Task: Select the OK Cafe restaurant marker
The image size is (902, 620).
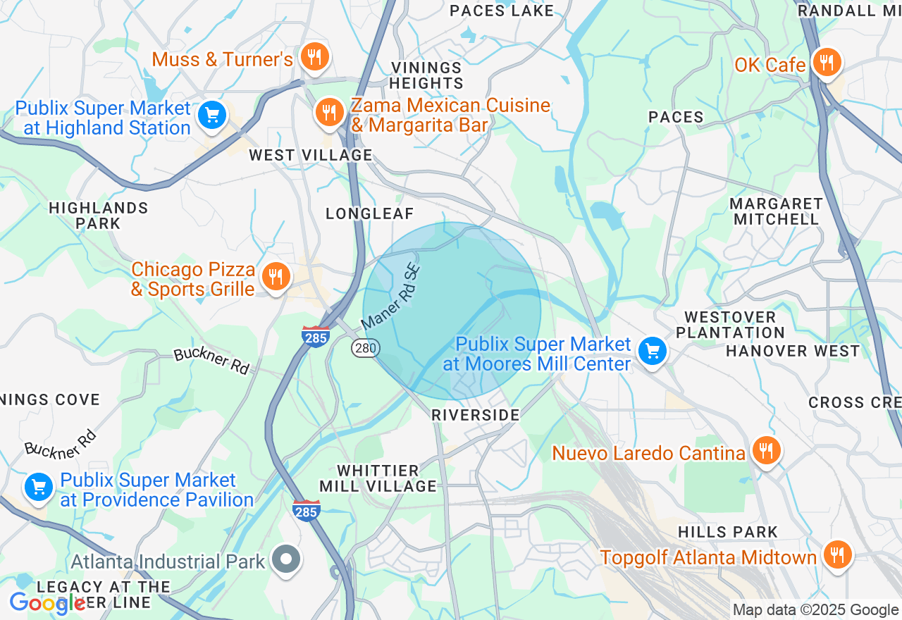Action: pyautogui.click(x=825, y=63)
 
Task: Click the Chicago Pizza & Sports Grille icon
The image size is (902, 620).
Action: pyautogui.click(x=276, y=277)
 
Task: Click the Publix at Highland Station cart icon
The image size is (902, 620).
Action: pyautogui.click(x=211, y=115)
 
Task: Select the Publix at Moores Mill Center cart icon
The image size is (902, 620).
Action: pyautogui.click(x=652, y=350)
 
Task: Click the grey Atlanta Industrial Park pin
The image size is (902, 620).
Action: pyautogui.click(x=287, y=560)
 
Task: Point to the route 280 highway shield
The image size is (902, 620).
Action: pyautogui.click(x=366, y=347)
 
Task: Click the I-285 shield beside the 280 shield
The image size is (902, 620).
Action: pyautogui.click(x=315, y=336)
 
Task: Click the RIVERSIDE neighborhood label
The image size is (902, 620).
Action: pyautogui.click(x=476, y=415)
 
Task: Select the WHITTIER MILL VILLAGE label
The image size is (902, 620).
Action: pyautogui.click(x=378, y=478)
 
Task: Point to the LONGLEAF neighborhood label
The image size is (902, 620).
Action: pyautogui.click(x=369, y=213)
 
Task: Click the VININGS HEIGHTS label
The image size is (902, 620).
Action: pyautogui.click(x=427, y=75)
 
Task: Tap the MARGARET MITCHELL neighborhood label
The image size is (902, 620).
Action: pyautogui.click(x=776, y=211)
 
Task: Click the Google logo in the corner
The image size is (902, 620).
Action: pyautogui.click(x=47, y=602)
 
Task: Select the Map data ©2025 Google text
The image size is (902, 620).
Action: pyautogui.click(x=815, y=610)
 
